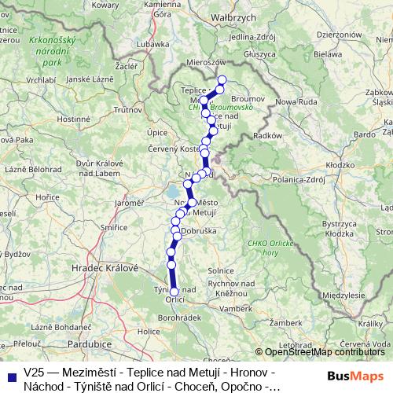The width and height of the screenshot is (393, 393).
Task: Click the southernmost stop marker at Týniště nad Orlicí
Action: [x=174, y=292]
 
